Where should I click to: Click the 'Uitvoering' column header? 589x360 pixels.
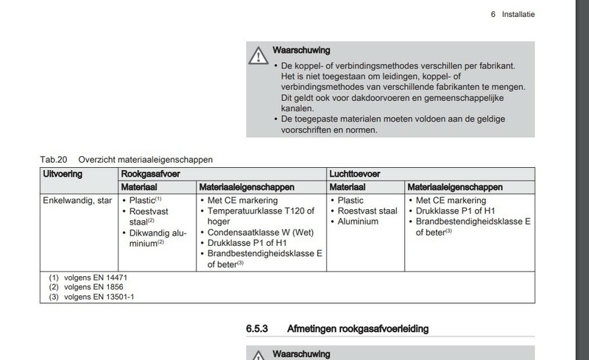coord(63,174)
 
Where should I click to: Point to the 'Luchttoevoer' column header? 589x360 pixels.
coord(356,174)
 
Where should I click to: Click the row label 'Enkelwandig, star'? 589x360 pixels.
coord(77,200)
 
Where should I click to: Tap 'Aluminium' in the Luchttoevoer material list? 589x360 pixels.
coord(358,221)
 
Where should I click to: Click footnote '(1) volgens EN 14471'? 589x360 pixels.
coord(82,278)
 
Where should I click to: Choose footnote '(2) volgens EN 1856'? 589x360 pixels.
coord(80,287)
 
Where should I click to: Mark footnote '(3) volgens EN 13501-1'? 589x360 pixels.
coord(85,297)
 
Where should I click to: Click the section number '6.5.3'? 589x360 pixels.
coord(257,328)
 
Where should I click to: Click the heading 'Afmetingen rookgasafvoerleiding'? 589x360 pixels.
coord(357,328)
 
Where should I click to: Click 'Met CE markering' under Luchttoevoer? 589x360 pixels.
coord(451,200)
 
